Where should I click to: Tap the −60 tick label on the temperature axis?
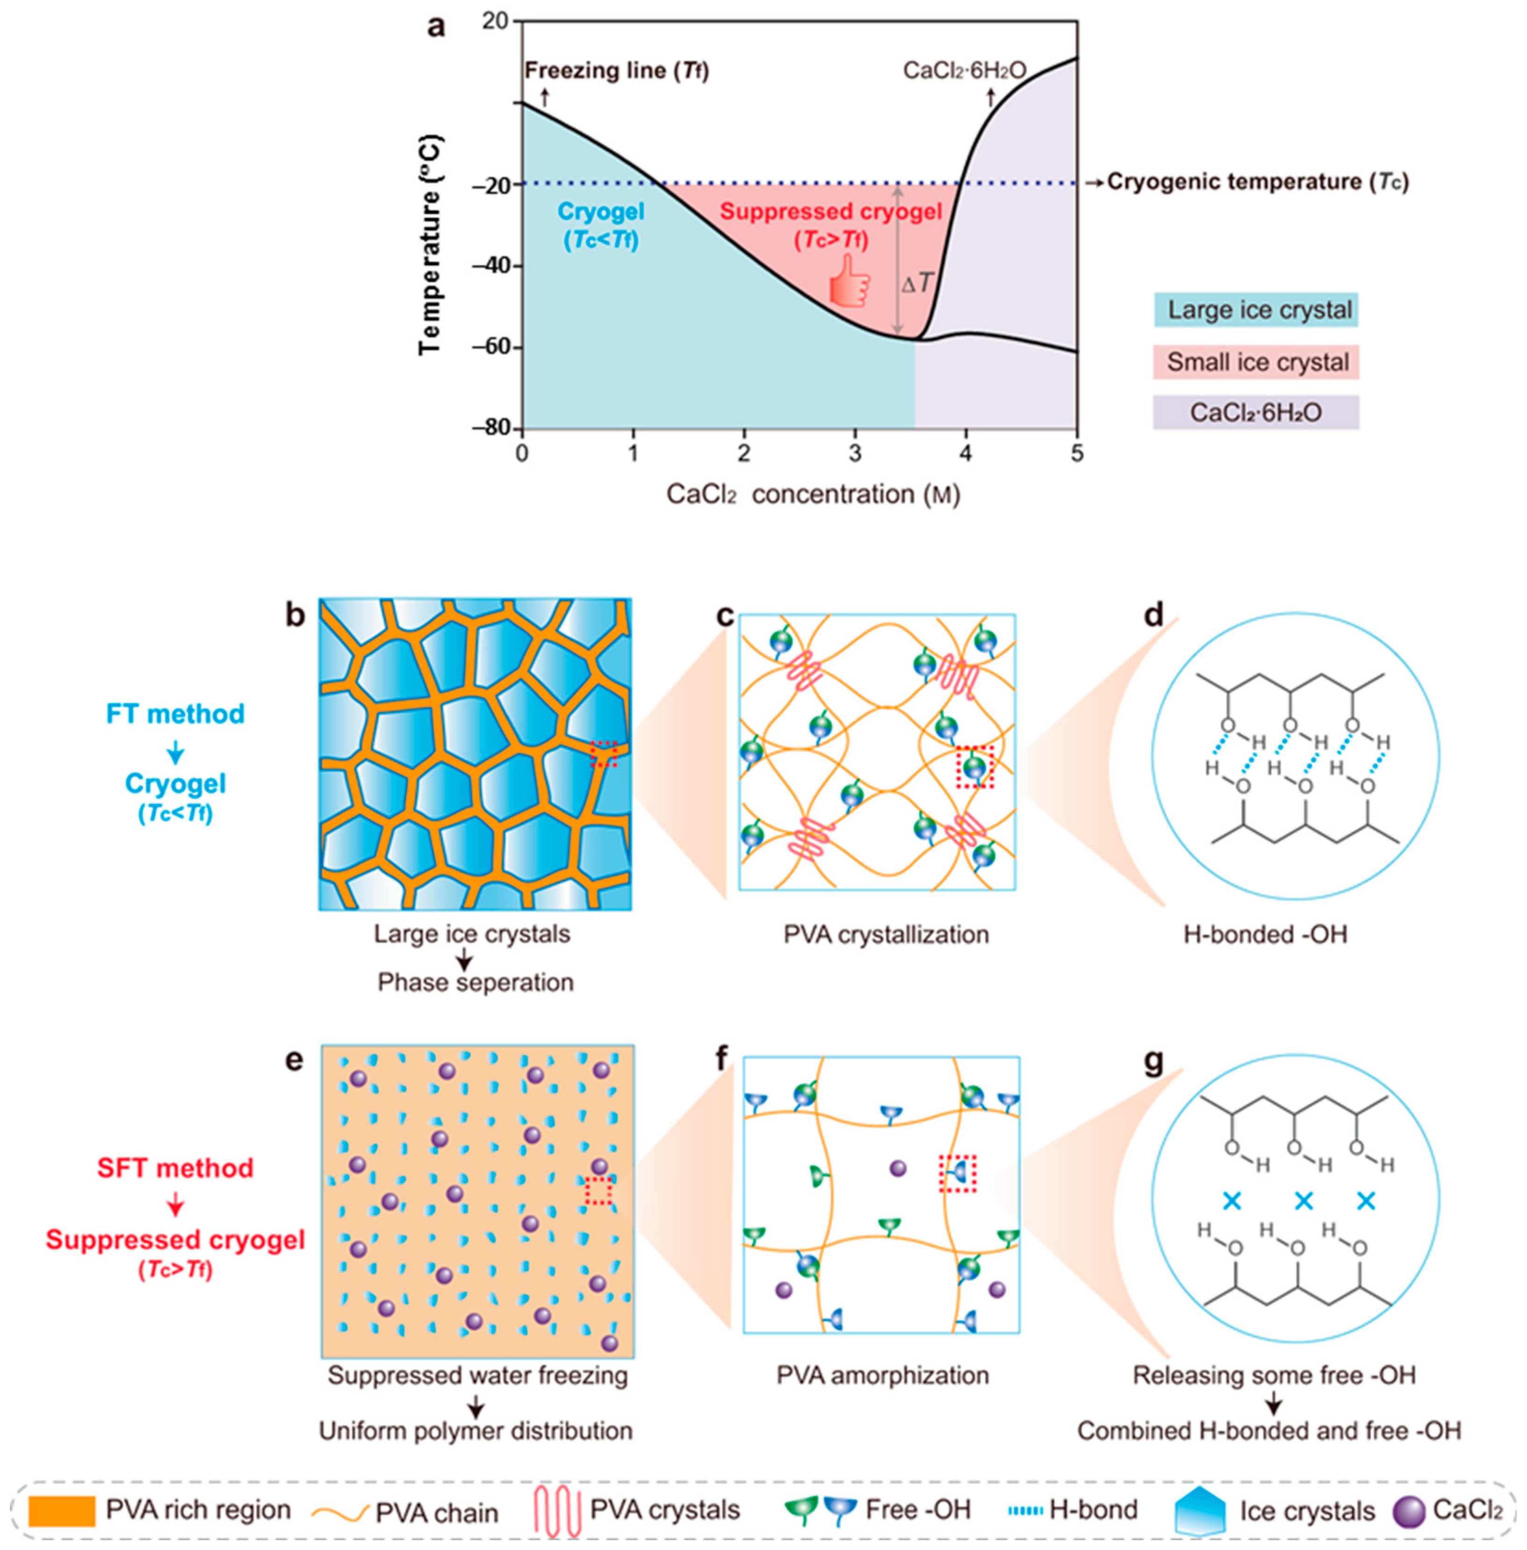tap(490, 346)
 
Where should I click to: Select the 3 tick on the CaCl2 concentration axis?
tap(855, 454)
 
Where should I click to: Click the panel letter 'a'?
tap(435, 27)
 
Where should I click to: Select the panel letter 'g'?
tap(1153, 1062)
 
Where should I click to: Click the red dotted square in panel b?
tap(604, 754)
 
